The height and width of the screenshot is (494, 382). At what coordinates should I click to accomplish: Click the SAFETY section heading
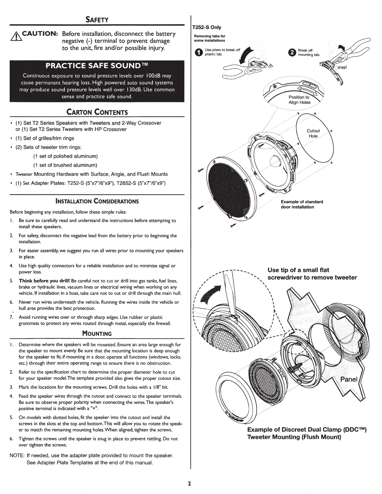97,20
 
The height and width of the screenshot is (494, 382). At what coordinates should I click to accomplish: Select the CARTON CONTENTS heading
97,112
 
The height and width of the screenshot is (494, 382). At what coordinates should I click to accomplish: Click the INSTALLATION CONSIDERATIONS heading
97,201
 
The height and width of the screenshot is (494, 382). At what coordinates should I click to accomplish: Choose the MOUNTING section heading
97,333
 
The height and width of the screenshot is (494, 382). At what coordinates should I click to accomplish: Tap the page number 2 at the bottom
189,484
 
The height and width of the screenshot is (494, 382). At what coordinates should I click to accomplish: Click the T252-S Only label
207,27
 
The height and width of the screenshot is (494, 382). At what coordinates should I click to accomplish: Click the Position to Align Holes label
299,100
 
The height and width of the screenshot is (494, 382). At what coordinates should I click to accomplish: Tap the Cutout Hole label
313,133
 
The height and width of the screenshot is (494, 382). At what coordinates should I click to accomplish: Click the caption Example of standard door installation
301,204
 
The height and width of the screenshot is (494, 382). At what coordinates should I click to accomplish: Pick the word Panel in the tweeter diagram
349,380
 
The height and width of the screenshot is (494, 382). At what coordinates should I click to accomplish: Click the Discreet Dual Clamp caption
306,433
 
